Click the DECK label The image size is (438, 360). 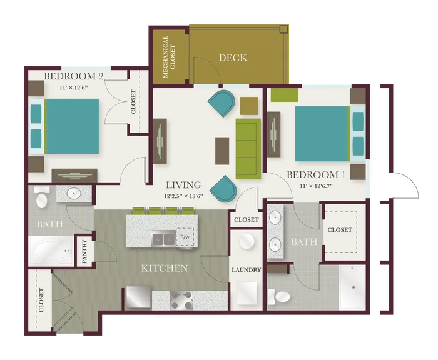[233, 57]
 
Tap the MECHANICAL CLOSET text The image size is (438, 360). [168, 57]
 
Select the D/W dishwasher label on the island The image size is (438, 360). [185, 237]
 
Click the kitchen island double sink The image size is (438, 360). [163, 239]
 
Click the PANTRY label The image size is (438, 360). [85, 252]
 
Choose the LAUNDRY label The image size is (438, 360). [247, 270]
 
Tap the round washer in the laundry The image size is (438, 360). [247, 241]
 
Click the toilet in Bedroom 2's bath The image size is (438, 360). [42, 197]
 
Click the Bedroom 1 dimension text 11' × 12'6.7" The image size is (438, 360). [316, 186]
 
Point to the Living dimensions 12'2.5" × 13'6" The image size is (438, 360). [183, 196]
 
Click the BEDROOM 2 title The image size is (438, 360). [74, 76]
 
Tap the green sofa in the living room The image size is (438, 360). [248, 149]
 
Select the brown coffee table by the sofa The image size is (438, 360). [222, 151]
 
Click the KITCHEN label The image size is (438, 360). [164, 268]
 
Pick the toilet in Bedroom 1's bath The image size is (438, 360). [279, 297]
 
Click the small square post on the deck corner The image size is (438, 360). [283, 29]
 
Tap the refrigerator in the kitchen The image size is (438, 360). [138, 297]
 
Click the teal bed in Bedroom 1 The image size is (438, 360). [321, 134]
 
